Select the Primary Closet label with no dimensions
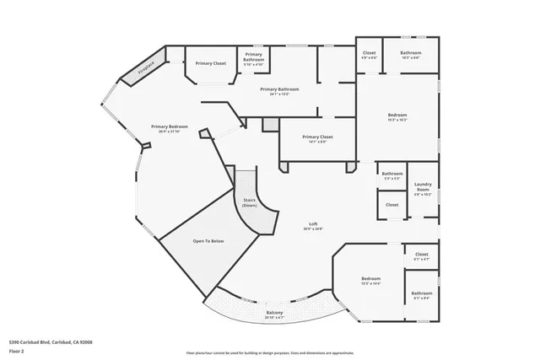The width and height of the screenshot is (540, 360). click(210, 63)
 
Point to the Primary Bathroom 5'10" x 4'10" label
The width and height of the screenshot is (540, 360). click(254, 58)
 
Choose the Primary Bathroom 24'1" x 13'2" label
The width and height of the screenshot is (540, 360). click(279, 91)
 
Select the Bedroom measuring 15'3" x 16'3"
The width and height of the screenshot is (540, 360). click(397, 117)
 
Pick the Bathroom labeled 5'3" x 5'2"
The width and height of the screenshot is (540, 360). click(392, 176)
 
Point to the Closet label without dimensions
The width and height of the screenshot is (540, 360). click(392, 204)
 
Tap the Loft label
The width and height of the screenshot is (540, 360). click(312, 226)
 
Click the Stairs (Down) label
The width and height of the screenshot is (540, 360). click(250, 202)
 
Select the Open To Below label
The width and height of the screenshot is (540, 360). click(208, 241)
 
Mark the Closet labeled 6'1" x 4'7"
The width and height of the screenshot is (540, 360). click(422, 255)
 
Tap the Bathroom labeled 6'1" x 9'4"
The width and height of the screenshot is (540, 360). click(422, 295)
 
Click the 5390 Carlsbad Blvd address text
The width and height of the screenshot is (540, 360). click(50, 341)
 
